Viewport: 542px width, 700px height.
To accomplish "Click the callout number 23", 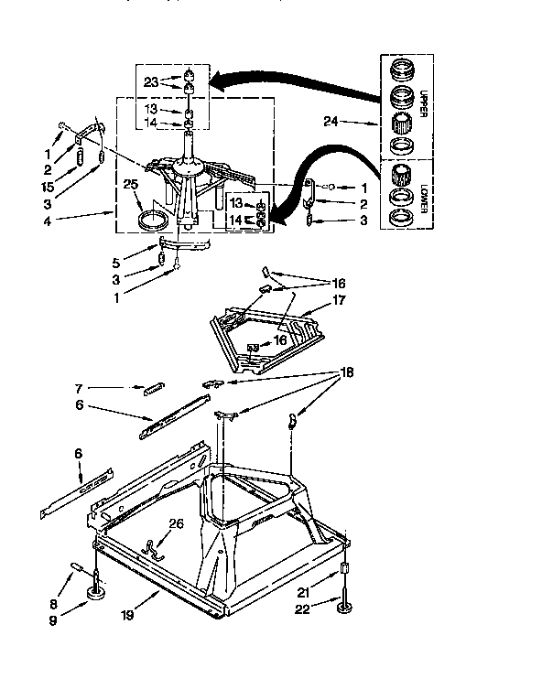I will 151,81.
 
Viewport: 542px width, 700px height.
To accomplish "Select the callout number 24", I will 331,120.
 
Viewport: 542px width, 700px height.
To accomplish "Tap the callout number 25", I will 129,184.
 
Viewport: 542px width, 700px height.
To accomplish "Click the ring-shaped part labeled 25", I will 154,220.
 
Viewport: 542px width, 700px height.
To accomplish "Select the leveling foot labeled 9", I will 94,598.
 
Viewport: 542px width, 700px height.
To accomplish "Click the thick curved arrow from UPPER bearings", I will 293,83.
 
